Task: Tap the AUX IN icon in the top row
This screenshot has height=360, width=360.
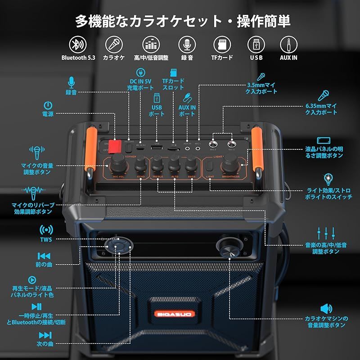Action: pyautogui.click(x=288, y=44)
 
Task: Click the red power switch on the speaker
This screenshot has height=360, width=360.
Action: pyautogui.click(x=115, y=146)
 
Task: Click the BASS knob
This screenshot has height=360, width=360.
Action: pyautogui.click(x=191, y=162)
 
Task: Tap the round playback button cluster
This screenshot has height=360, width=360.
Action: pyautogui.click(x=119, y=246)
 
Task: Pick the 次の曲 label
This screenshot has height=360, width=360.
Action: pyautogui.click(x=45, y=344)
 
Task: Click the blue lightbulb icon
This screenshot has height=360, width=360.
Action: pyautogui.click(x=328, y=180)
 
